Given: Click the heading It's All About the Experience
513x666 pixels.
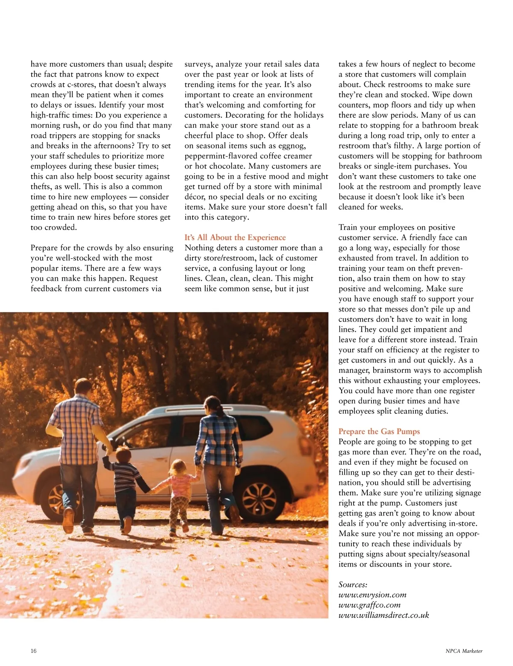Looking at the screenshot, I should (235, 238).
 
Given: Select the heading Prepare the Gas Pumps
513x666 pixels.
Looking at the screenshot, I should (379, 432).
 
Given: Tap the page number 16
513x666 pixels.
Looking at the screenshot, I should (34, 651).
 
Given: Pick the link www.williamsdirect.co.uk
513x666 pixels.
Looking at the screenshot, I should (383, 616).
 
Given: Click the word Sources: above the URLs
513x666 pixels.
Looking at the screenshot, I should (353, 585).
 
